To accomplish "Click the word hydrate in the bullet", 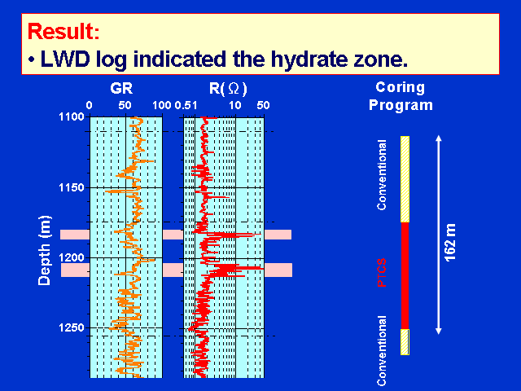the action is click(x=304, y=59).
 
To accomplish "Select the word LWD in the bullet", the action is click(x=65, y=59).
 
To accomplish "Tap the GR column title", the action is click(x=121, y=89).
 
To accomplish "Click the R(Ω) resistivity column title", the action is click(x=228, y=89).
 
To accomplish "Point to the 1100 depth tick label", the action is click(x=72, y=116).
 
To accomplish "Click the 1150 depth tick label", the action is click(x=72, y=187).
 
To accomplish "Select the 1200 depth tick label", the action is click(x=72, y=257).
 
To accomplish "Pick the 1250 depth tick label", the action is click(x=72, y=327).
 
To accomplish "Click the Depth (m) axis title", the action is click(x=45, y=251).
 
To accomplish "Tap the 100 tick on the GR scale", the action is click(x=162, y=105).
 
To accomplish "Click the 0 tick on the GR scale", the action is click(x=89, y=105).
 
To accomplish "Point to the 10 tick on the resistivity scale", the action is click(x=235, y=105).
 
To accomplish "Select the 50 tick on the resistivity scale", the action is click(x=263, y=105).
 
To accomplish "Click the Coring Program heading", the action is click(x=401, y=96).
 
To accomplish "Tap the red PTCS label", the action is click(x=382, y=273).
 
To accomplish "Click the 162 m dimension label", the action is click(x=450, y=243).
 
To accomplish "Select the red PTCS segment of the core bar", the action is click(x=405, y=275).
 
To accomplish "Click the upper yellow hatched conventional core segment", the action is click(x=405, y=179).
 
